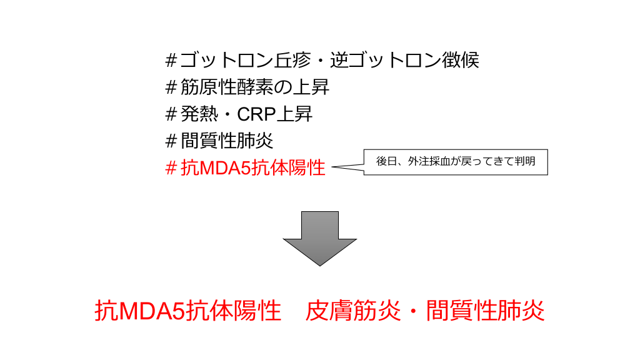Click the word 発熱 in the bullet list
pyautogui.click(x=197, y=114)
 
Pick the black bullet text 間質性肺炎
pyautogui.click(x=227, y=141)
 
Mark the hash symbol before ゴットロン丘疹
pyautogui.click(x=171, y=61)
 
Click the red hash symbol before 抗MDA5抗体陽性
pyautogui.click(x=171, y=168)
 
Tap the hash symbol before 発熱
pyautogui.click(x=171, y=114)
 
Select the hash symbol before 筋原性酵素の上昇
pyautogui.click(x=171, y=87)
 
